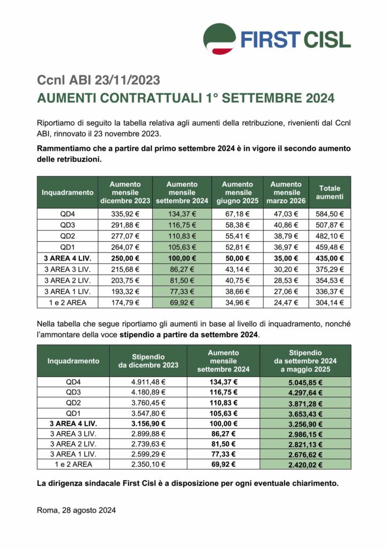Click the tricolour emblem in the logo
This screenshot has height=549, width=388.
(220, 38)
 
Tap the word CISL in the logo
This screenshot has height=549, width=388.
(325, 39)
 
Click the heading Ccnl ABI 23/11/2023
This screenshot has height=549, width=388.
(99, 80)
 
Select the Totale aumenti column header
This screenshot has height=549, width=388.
(330, 192)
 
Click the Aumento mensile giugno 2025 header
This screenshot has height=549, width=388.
(237, 192)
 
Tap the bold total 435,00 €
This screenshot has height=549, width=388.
(330, 258)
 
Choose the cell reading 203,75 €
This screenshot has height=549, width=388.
(125, 280)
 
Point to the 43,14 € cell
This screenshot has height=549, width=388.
(237, 269)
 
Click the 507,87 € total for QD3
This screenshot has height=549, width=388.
(330, 225)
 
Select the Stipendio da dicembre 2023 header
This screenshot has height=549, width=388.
(148, 361)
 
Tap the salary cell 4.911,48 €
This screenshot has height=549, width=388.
(148, 383)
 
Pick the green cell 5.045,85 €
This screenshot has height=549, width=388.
(305, 383)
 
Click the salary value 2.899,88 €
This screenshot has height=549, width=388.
(148, 433)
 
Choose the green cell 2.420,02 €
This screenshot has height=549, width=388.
(305, 464)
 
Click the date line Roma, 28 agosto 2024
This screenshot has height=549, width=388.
(76, 510)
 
